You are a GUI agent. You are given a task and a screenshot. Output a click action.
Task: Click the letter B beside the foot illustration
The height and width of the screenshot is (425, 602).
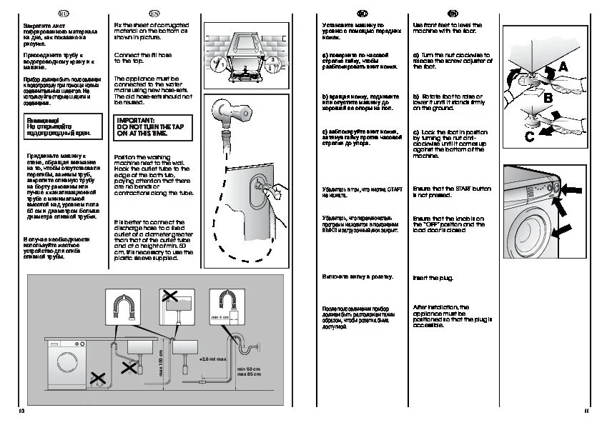pos(546,96)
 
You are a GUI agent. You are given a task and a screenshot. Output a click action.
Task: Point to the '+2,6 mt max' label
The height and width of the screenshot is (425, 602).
pos(212,359)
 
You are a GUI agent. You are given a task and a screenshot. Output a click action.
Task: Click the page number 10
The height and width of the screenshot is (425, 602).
pos(21,411)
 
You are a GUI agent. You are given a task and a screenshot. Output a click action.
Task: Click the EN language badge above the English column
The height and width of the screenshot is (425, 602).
pos(154,14)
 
